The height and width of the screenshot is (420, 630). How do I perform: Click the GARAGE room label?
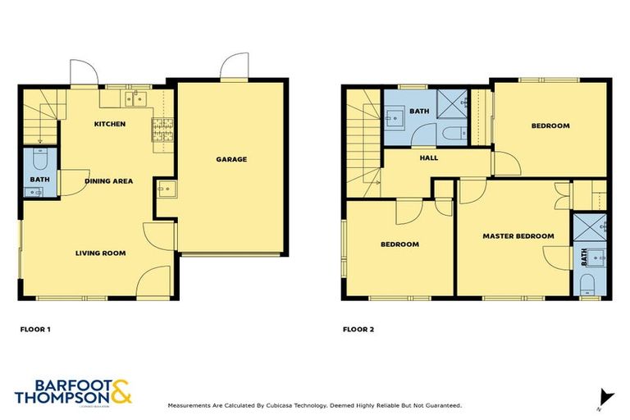pos(231,159)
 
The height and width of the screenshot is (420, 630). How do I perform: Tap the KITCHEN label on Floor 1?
pos(110,124)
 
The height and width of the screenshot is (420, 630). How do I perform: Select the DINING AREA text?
pos(108,180)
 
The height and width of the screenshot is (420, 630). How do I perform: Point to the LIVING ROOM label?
pos(101,253)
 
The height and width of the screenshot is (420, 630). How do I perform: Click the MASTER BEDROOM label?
pos(518,236)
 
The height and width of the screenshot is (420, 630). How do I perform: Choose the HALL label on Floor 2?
pos(428,157)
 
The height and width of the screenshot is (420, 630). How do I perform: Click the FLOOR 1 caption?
pos(35,330)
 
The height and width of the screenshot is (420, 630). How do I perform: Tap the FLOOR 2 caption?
pos(358,330)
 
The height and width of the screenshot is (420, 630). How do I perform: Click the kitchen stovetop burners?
pos(159,130)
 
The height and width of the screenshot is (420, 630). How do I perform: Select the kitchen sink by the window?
pos(135,100)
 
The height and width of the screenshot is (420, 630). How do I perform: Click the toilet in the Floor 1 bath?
pos(39,155)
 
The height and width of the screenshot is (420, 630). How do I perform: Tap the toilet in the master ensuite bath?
pos(587,285)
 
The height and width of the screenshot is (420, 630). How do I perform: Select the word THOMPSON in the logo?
pos(61,397)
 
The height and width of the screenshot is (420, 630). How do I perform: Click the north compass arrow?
pos(605,396)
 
